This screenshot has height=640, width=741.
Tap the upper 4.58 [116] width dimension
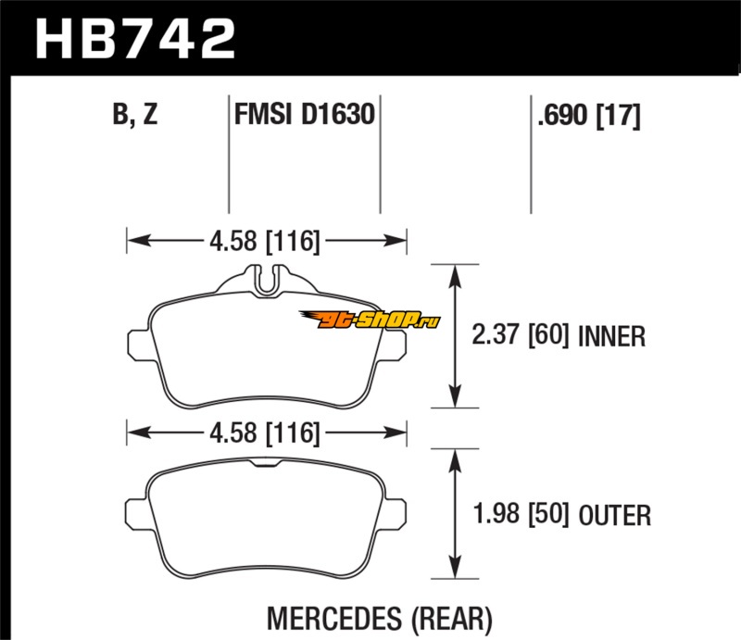tap(265, 242)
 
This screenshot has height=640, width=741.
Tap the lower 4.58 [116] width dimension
tap(265, 433)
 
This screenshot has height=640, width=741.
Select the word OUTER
tap(616, 514)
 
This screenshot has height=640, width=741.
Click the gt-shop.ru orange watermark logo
tap(380, 320)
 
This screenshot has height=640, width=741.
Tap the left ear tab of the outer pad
tap(136, 511)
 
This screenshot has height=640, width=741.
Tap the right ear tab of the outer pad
tap(398, 511)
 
